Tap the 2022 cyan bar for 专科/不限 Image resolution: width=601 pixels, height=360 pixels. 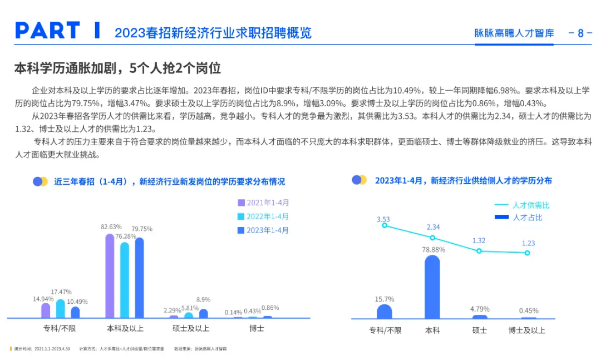[x=61, y=308]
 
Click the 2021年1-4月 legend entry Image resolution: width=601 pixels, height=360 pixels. [x=263, y=203]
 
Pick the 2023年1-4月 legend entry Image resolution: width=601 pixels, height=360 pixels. [x=263, y=230]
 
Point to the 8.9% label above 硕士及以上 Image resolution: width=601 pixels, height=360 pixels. [x=203, y=300]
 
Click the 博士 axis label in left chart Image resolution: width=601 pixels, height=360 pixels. [x=257, y=328]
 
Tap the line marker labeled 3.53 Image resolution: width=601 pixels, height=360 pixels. [x=385, y=225]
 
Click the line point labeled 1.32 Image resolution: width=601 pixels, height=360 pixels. [x=479, y=251]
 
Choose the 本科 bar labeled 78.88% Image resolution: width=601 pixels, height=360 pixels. [x=432, y=287]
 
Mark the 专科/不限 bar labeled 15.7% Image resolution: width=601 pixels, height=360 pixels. [x=385, y=312]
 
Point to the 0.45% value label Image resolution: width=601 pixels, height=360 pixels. [x=528, y=310]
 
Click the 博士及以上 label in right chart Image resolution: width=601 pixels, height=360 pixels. [x=527, y=331]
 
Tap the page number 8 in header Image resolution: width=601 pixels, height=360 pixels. [x=580, y=33]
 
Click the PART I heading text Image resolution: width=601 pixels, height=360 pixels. [x=58, y=31]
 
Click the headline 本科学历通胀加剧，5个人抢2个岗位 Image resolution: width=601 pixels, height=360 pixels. [x=117, y=68]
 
